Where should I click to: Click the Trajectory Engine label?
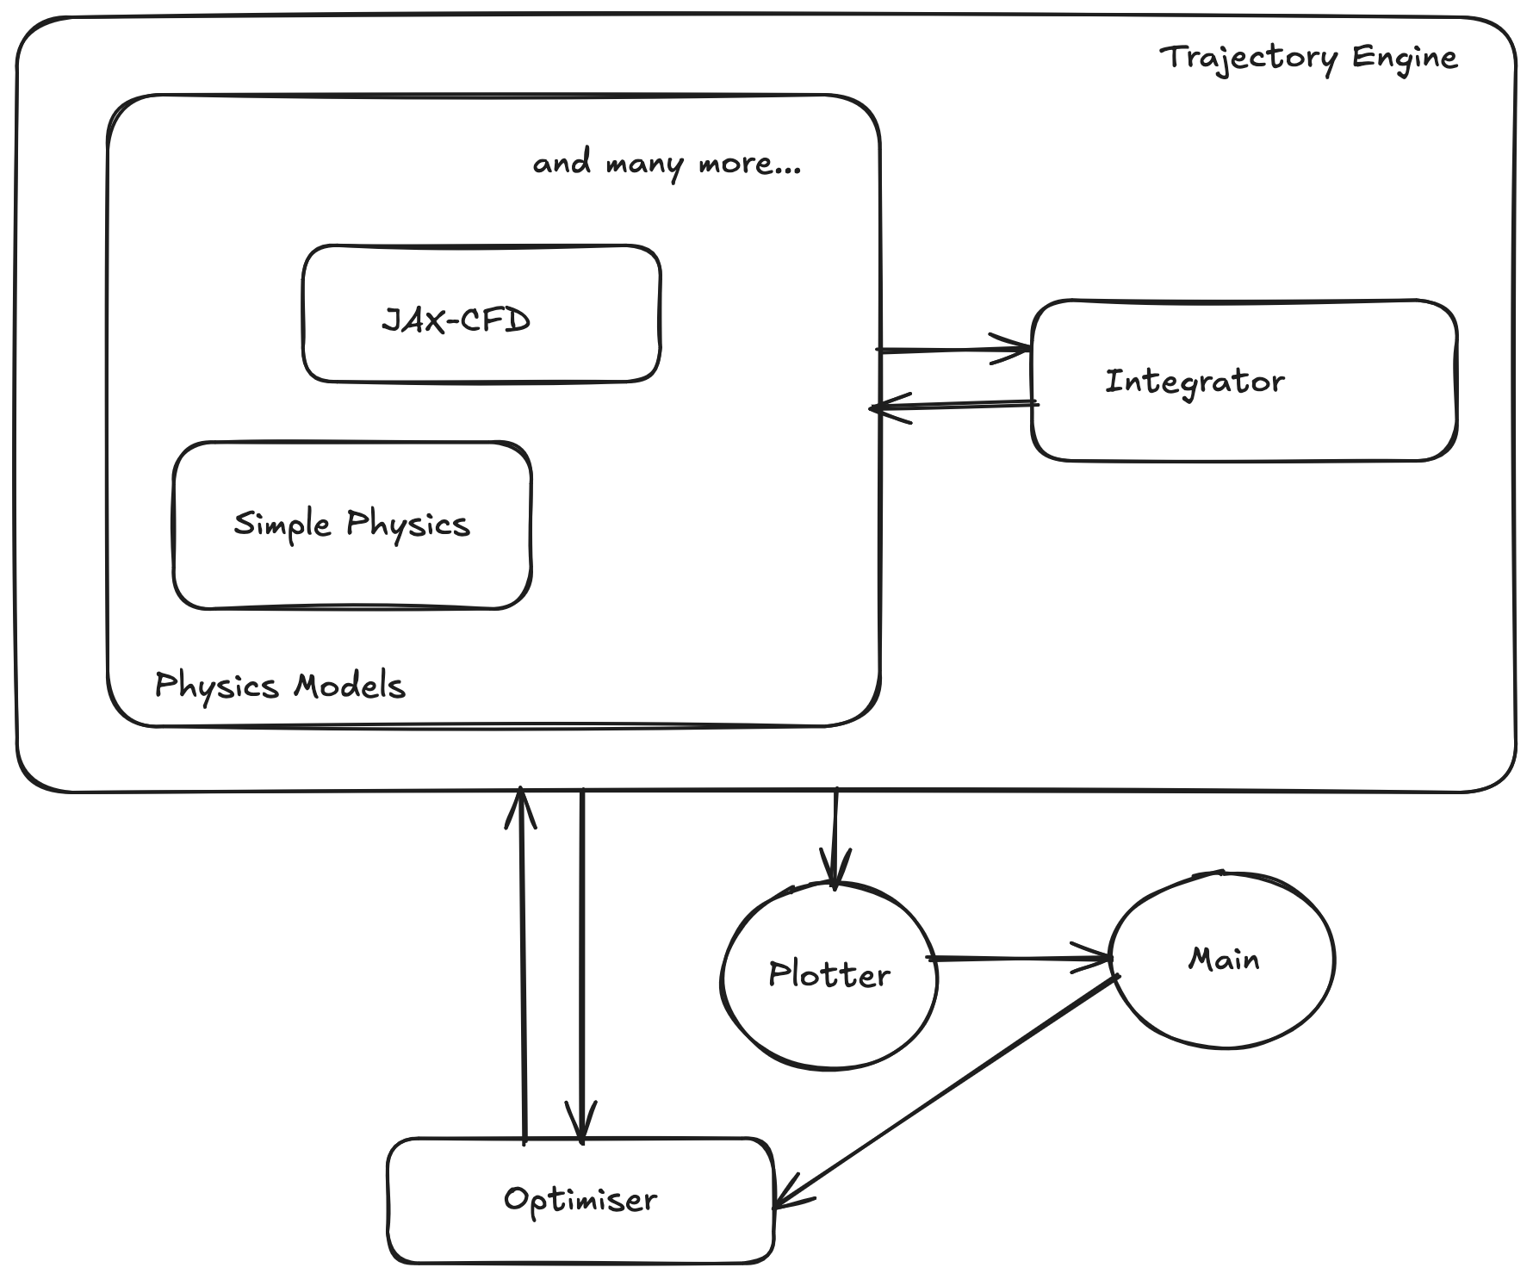pos(1308,58)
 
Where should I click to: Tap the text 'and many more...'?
pos(667,163)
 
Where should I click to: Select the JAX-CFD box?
pos(481,314)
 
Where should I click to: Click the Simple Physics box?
pos(352,525)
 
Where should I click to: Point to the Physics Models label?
pos(279,686)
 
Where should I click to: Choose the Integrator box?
pos(1244,381)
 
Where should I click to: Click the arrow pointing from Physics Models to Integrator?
pos(954,350)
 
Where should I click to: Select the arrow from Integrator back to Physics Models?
pos(954,405)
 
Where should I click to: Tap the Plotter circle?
pos(829,976)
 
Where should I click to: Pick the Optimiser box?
pos(580,1200)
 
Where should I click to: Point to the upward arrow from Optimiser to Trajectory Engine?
pos(522,965)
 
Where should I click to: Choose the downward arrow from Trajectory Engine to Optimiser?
pos(582,965)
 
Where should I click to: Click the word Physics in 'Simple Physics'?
pos(408,525)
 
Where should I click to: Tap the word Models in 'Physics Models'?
pos(349,686)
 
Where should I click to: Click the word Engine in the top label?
pos(1404,58)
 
